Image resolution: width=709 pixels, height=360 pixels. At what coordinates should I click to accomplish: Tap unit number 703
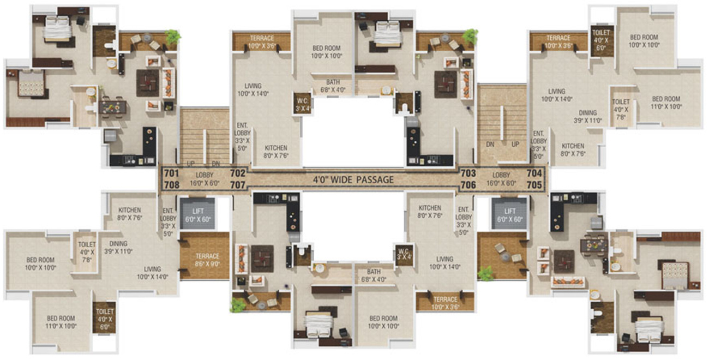point(468,173)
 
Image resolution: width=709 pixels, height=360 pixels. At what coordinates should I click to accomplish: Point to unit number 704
point(534,173)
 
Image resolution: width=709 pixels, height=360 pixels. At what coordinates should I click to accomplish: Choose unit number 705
point(534,185)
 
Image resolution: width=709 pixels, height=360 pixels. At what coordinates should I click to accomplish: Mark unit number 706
point(468,185)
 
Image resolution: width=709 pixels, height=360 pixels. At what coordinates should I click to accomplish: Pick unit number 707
point(238,185)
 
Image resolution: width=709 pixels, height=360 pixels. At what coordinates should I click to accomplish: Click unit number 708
point(171,185)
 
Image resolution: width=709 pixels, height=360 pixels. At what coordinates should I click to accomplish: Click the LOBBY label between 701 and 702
point(205,175)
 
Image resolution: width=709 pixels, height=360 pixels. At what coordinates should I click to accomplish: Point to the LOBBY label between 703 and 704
point(501,175)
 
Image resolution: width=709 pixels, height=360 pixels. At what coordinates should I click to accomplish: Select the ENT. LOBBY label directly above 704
point(539,141)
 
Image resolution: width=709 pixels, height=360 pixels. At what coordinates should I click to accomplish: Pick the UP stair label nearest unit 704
point(514,145)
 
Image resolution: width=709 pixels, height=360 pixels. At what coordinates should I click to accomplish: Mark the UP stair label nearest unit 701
point(191,164)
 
